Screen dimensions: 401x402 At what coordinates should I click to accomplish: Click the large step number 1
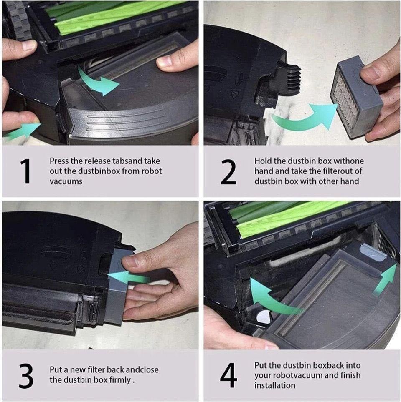tap(25, 171)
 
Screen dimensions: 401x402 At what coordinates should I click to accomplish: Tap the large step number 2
tap(228, 171)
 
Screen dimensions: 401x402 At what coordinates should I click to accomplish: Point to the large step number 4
tap(228, 375)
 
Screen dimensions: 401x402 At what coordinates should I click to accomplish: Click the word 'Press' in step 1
tap(59, 161)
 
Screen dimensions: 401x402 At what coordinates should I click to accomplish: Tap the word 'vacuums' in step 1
tap(66, 181)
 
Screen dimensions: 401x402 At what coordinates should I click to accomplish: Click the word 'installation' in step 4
tap(275, 385)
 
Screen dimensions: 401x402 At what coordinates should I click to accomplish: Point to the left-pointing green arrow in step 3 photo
tap(128, 278)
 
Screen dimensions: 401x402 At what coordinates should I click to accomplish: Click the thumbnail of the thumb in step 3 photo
tap(128, 261)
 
